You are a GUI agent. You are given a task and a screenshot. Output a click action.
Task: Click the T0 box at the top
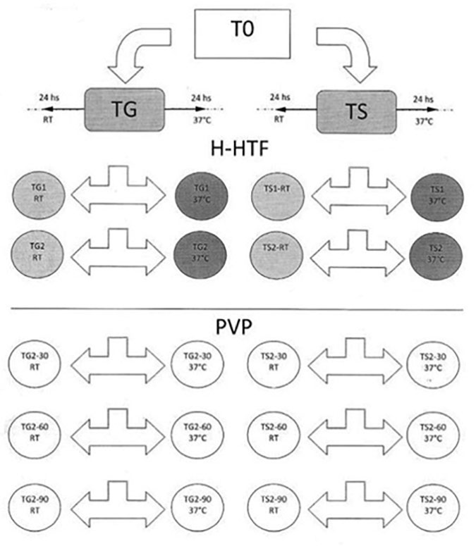click(241, 33)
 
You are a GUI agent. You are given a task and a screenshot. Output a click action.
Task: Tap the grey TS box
click(357, 110)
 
